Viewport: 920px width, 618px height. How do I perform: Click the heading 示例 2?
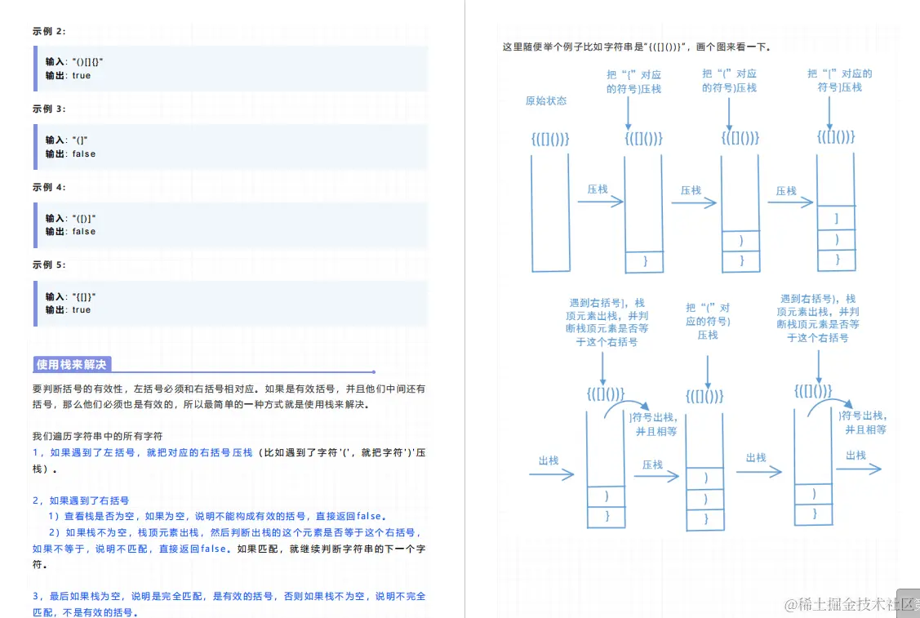(49, 31)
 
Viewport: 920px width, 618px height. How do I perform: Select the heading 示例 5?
(49, 265)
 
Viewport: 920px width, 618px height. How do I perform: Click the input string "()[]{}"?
(87, 62)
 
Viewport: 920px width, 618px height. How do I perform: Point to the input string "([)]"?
(84, 218)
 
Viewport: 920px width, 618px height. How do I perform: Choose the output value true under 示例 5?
(82, 310)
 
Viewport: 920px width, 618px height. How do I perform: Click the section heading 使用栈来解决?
(72, 365)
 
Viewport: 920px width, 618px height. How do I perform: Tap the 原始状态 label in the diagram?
(546, 101)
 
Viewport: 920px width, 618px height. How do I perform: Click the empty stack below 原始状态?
(550, 212)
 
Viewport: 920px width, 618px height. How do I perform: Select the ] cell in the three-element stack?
(836, 218)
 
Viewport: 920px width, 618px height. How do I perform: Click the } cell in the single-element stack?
(644, 261)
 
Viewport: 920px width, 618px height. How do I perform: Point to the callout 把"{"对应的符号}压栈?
(633, 81)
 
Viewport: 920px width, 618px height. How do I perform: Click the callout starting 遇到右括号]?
(611, 322)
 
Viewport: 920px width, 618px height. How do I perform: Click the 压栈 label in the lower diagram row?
(652, 465)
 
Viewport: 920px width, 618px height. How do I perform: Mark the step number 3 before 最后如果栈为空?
(36, 597)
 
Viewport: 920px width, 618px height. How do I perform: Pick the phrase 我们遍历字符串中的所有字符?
(97, 436)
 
